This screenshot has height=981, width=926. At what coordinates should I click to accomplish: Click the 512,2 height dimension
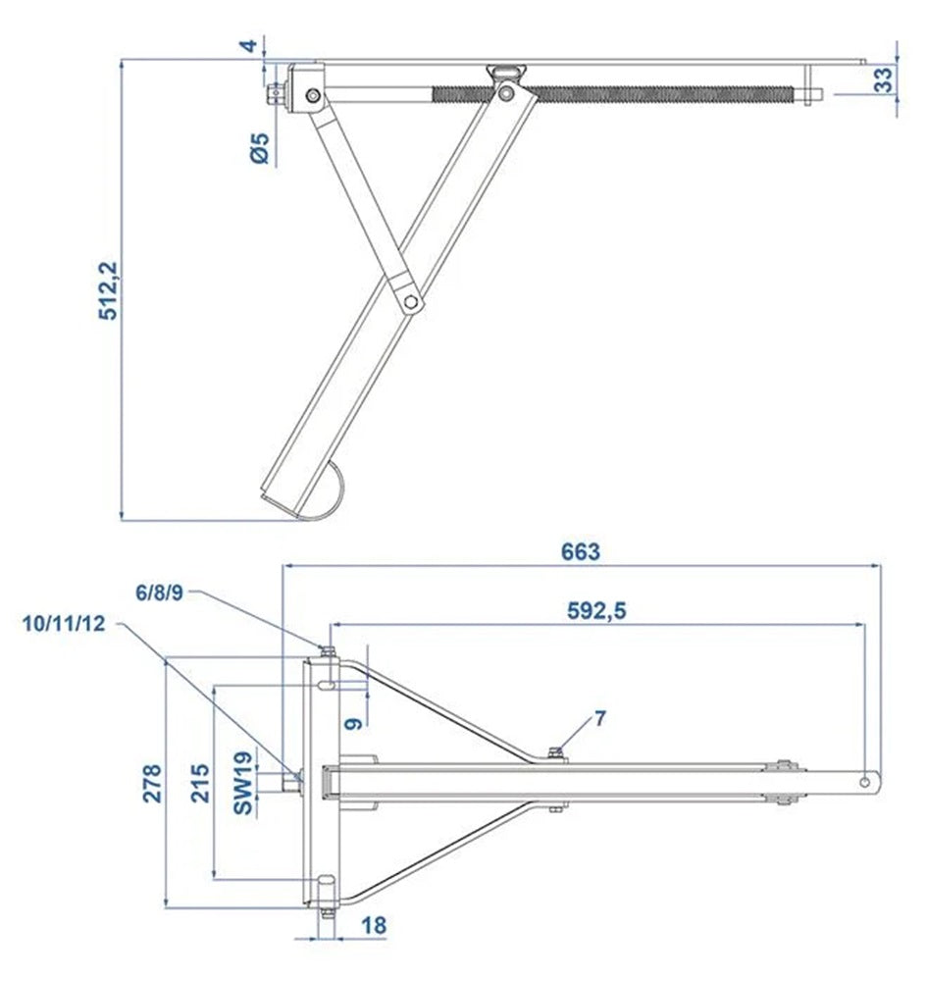point(110,290)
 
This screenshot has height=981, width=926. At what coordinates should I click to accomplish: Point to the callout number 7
point(600,718)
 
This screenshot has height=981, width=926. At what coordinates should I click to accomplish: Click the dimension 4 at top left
point(250,45)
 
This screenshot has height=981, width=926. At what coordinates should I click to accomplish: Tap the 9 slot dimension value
point(354,722)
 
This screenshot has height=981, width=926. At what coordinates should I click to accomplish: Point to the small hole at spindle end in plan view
point(866,782)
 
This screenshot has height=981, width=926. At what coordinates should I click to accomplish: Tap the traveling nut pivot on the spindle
point(506,92)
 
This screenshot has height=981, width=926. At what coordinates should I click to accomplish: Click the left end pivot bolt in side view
point(312,95)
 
